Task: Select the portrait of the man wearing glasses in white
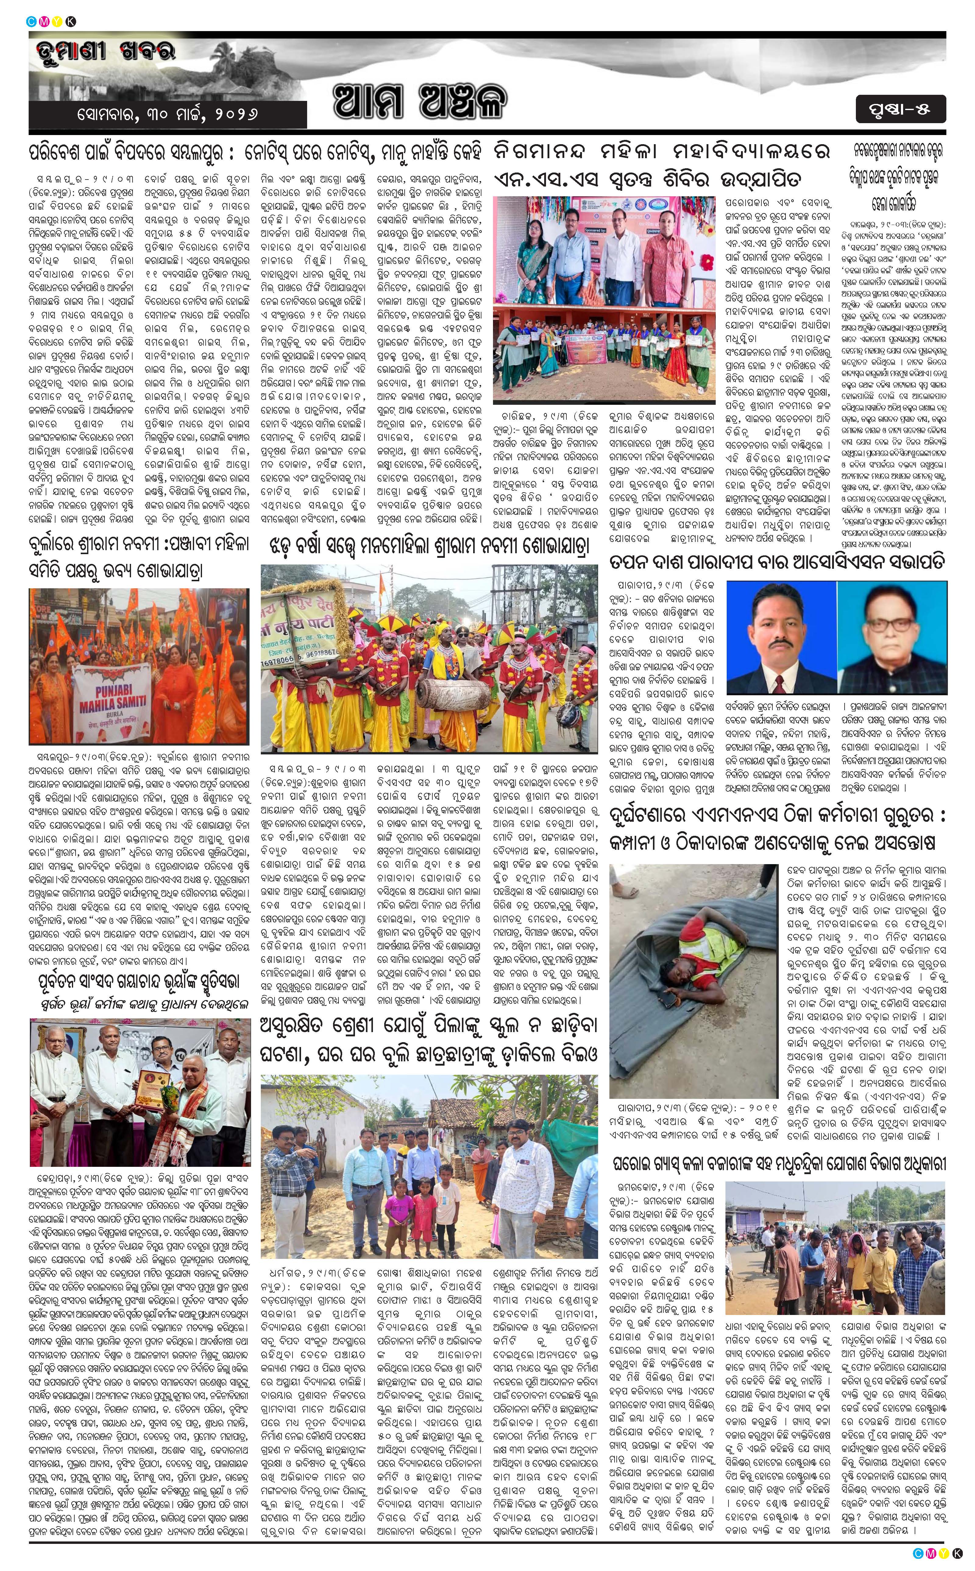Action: pos(893,639)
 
